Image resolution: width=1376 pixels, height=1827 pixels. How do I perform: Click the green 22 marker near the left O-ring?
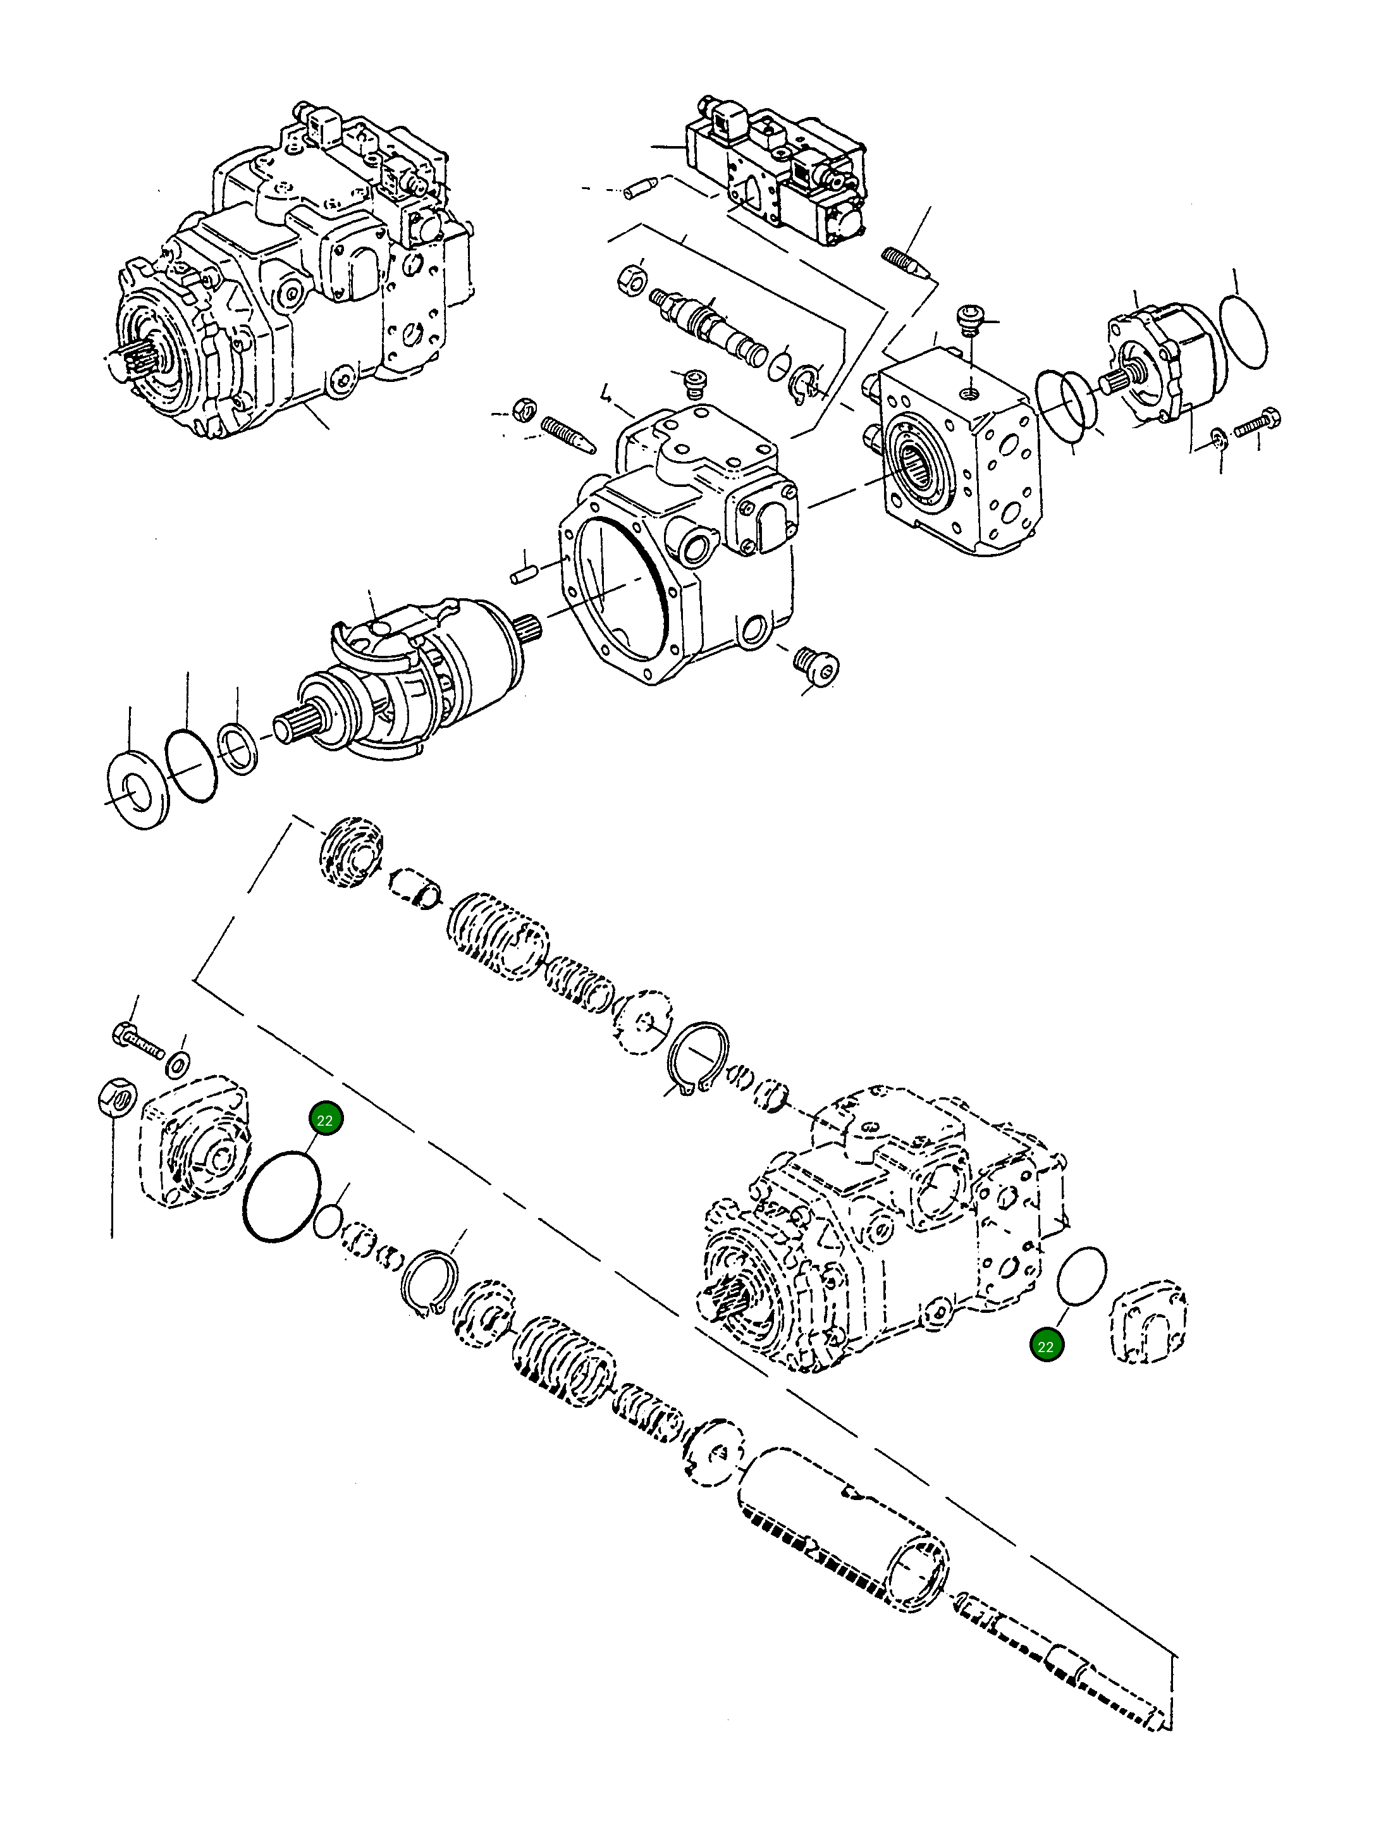[324, 1120]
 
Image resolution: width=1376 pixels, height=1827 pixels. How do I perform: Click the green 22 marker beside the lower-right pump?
[1046, 1346]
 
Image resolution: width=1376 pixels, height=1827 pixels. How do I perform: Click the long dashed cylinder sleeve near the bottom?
[842, 1528]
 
